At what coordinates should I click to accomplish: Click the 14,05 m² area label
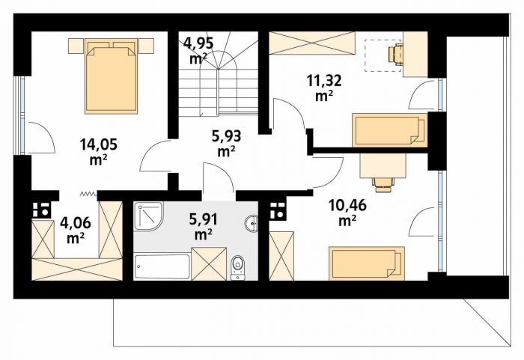98,152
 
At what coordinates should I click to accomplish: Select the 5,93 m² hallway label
227,144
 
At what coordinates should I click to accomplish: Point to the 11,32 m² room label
324,88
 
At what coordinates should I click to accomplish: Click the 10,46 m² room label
347,213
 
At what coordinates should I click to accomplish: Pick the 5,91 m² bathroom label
203,227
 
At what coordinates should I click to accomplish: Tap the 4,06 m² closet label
75,231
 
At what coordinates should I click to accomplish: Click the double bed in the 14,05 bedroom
112,76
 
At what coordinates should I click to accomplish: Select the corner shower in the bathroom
149,216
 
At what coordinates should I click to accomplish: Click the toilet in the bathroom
237,267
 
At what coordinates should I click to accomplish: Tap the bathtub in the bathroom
162,266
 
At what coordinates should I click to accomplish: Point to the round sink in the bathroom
252,223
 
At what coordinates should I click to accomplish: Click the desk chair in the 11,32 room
395,53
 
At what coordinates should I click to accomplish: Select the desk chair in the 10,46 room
385,184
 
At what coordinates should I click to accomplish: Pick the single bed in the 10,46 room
367,263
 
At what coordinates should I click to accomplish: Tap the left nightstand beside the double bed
76,46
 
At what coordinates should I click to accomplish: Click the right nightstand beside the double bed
146,46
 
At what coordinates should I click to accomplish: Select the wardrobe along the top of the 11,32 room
312,43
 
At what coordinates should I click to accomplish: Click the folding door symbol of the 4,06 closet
88,194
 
